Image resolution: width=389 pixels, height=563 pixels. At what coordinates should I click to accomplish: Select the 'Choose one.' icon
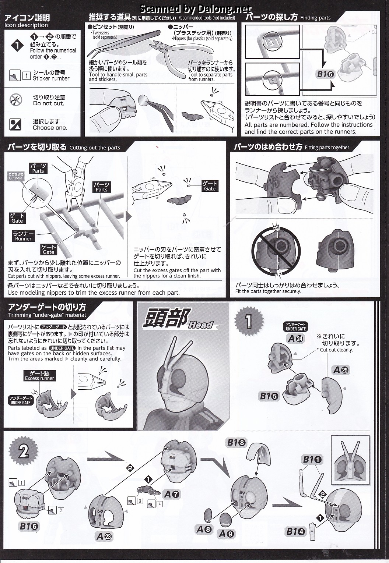tap(16, 124)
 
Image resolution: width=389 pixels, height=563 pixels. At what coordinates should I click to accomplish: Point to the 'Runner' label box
tap(23, 236)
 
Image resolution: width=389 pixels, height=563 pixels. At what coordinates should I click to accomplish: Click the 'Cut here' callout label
tap(16, 176)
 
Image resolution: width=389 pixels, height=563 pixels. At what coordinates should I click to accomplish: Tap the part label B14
tap(296, 531)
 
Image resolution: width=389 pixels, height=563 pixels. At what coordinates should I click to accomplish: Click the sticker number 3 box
tap(140, 500)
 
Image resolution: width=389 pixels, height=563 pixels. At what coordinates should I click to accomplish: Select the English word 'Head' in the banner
tap(201, 324)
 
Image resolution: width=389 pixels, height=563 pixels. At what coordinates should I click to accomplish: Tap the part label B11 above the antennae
tap(312, 459)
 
